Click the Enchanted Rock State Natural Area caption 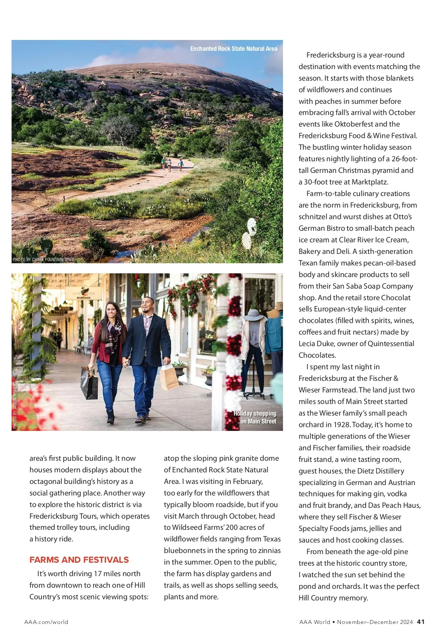click(234, 49)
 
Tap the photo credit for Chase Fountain click(44, 260)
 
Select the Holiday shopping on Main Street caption click(255, 417)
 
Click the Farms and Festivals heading click(79, 560)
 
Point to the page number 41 click(421, 622)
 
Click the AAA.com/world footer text click(46, 622)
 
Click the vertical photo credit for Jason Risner click(15, 406)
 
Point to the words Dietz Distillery click(374, 471)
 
